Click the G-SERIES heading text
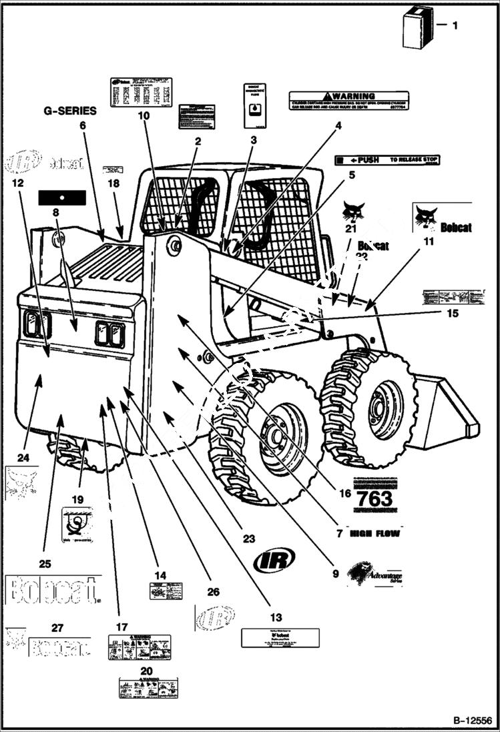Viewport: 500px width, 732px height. [70, 111]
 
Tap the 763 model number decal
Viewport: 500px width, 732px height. [374, 498]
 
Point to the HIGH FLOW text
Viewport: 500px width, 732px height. [374, 533]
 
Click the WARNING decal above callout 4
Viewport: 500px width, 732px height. [348, 100]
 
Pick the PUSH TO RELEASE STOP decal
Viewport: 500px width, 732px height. [388, 160]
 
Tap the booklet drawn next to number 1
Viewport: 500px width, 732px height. [416, 28]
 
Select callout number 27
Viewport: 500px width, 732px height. [57, 627]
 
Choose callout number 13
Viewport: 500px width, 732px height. [276, 618]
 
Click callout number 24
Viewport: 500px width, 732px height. [24, 458]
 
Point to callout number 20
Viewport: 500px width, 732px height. [146, 671]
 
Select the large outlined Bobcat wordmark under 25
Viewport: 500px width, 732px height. [51, 589]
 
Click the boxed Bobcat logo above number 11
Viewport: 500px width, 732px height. [441, 220]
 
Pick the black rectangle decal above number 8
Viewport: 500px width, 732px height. [62, 198]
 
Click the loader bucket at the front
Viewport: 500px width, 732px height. [444, 414]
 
